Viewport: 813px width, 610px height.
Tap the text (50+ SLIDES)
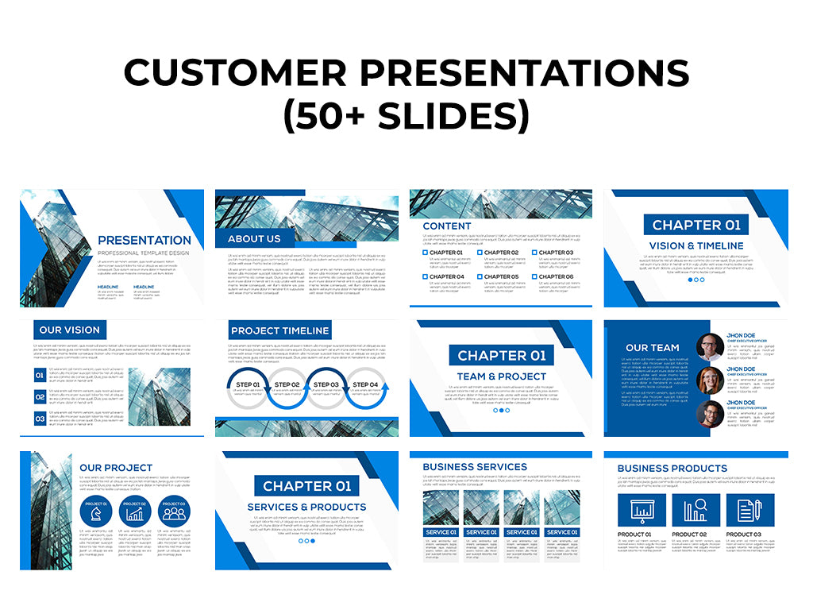point(406,116)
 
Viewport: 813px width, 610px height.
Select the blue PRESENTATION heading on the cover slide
point(144,240)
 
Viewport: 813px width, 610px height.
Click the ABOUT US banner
point(254,238)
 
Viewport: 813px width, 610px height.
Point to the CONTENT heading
point(447,226)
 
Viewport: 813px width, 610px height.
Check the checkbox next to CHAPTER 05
point(480,277)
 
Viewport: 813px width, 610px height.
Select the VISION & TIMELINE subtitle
point(696,246)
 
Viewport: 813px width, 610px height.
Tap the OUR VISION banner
point(70,330)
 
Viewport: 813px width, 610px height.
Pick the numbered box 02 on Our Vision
point(40,396)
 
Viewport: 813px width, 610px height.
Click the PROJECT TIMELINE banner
point(279,330)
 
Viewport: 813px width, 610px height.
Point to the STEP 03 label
point(326,384)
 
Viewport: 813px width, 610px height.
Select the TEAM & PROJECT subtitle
point(502,376)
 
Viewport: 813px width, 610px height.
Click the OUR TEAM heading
point(653,348)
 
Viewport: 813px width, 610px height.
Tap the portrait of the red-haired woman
point(709,380)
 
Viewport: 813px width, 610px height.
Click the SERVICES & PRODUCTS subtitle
point(306,507)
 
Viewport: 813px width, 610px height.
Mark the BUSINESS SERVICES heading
point(475,467)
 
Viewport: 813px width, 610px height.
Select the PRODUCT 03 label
point(743,535)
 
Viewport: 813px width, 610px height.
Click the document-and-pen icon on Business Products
point(748,509)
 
